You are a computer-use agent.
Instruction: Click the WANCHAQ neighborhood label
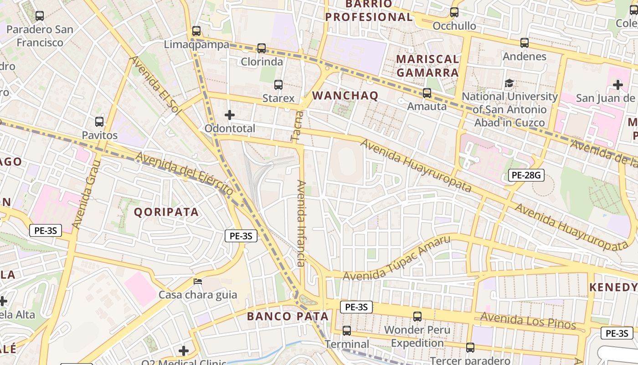point(345,95)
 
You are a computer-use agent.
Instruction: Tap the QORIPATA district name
point(166,212)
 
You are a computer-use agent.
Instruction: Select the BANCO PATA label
point(288,316)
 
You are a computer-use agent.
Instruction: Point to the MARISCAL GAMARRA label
point(427,66)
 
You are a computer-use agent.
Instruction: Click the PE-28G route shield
point(526,175)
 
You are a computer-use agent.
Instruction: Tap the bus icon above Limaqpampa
point(196,31)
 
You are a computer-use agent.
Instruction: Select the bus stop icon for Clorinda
point(262,48)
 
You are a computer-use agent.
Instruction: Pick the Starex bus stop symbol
point(278,85)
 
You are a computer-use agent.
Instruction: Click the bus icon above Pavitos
point(99,122)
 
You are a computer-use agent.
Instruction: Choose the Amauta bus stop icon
point(427,93)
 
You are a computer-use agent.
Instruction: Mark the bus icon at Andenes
point(525,43)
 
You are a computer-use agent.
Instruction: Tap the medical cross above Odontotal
point(230,115)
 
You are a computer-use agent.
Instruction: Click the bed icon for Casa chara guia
point(198,281)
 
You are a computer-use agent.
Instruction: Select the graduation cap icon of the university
point(509,83)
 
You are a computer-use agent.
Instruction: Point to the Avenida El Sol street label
point(155,85)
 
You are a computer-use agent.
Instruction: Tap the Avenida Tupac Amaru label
point(396,259)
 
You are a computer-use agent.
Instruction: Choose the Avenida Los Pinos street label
point(528,320)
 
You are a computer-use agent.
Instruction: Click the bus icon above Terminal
point(347,331)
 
